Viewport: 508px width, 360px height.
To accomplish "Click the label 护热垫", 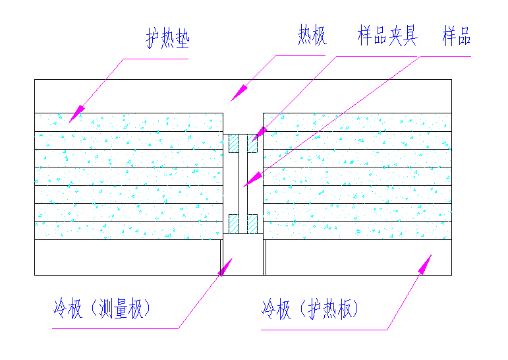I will click(167, 40).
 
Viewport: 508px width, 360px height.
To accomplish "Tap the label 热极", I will click(312, 37).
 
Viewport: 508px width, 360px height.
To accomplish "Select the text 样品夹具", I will click(387, 36).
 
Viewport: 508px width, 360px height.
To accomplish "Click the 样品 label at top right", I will click(456, 37).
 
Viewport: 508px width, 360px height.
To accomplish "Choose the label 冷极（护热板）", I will click(310, 309).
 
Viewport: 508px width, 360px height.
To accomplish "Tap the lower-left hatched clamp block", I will click(233, 224).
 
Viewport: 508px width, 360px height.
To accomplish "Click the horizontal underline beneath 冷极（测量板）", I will click(115, 328).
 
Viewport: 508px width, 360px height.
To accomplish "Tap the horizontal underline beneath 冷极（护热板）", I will click(323, 330).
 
